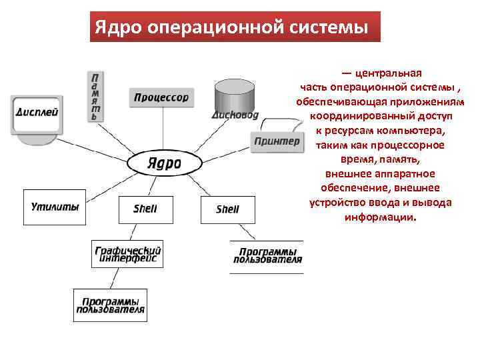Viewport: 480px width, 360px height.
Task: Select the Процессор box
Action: pos(161,97)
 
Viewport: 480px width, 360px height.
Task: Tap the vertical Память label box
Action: pos(97,96)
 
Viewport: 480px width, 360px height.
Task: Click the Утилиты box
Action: pos(55,207)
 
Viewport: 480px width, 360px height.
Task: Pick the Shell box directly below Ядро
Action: pos(145,209)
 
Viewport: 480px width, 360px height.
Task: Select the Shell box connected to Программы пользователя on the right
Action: pos(227,209)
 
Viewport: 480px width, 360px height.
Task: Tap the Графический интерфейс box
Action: pos(127,254)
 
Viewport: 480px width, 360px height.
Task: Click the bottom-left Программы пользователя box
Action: pos(110,305)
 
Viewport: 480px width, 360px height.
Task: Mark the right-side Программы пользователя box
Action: pos(267,256)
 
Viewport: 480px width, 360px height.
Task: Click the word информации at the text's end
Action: pos(379,217)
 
